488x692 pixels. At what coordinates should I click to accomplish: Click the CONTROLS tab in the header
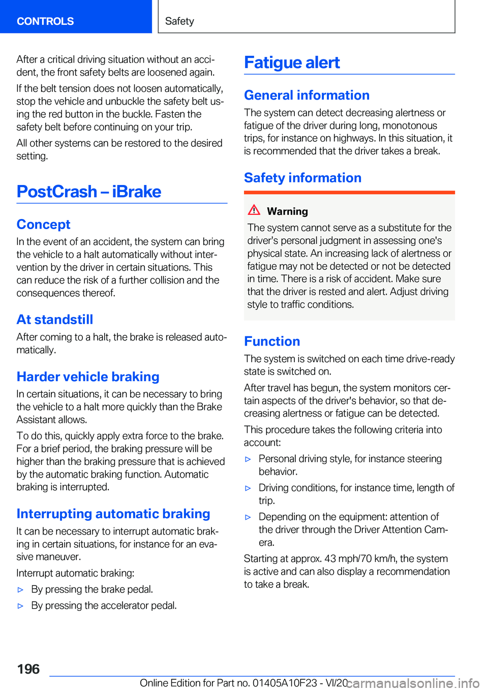tap(45, 21)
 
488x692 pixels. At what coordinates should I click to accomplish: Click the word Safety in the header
tap(179, 21)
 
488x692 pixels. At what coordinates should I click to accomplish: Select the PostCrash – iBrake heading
tap(89, 192)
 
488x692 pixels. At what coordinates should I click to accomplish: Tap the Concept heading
tap(43, 225)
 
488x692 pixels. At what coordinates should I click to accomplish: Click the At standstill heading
tap(55, 320)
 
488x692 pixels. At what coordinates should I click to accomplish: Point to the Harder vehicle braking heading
tap(88, 376)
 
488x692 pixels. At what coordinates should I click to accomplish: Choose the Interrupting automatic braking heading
tap(113, 514)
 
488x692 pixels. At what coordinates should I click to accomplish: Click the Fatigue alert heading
tap(292, 62)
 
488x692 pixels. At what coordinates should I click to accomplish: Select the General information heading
tap(307, 95)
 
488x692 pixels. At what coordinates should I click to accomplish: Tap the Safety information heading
tap(302, 178)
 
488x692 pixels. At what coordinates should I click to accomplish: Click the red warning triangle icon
tap(254, 210)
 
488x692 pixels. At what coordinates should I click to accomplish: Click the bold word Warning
tap(287, 211)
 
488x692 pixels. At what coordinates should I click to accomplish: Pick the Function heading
tap(272, 341)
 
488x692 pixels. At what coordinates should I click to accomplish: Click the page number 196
tap(28, 669)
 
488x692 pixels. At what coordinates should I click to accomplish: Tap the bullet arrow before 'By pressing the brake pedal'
tap(21, 590)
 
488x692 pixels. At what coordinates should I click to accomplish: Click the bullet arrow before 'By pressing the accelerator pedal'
tap(21, 606)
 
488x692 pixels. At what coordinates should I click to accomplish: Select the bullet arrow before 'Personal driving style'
tap(248, 459)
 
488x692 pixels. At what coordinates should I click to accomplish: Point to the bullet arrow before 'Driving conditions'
tap(248, 488)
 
